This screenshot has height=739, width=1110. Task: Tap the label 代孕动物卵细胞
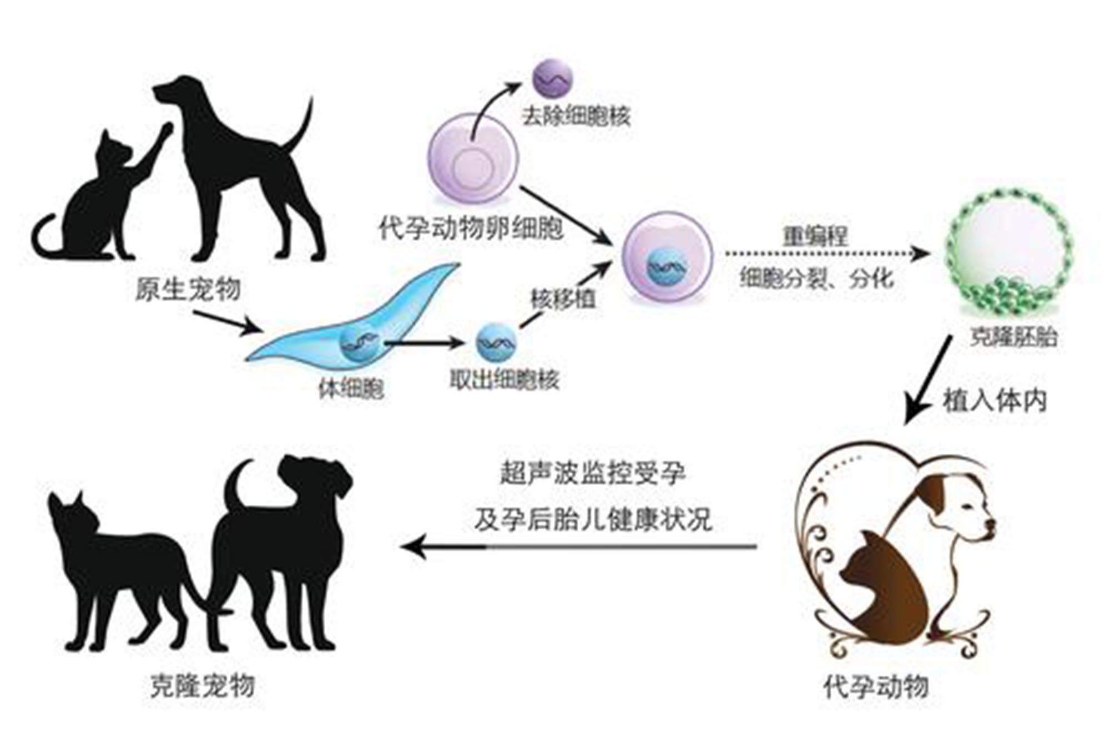pos(471,228)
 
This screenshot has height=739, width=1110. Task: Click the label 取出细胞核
pos(504,379)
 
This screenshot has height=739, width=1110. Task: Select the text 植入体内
pos(995,401)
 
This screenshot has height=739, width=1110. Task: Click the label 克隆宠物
pos(203,686)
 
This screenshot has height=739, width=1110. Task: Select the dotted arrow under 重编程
pos(827,254)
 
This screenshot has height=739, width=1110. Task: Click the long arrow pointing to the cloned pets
pos(579,547)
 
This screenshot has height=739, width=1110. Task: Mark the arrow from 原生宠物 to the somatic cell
pos(227,322)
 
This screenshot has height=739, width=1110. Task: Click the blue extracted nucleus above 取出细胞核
pos(496,343)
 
